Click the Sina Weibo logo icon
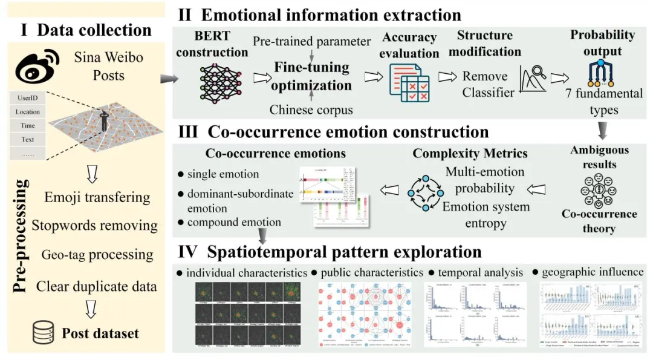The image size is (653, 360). click(38, 67)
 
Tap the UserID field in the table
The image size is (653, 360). click(28, 97)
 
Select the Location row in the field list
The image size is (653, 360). click(28, 112)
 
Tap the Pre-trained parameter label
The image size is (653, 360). click(311, 42)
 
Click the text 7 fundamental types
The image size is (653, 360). click(603, 102)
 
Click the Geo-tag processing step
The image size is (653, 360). click(97, 254)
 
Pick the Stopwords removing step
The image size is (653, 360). click(95, 226)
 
